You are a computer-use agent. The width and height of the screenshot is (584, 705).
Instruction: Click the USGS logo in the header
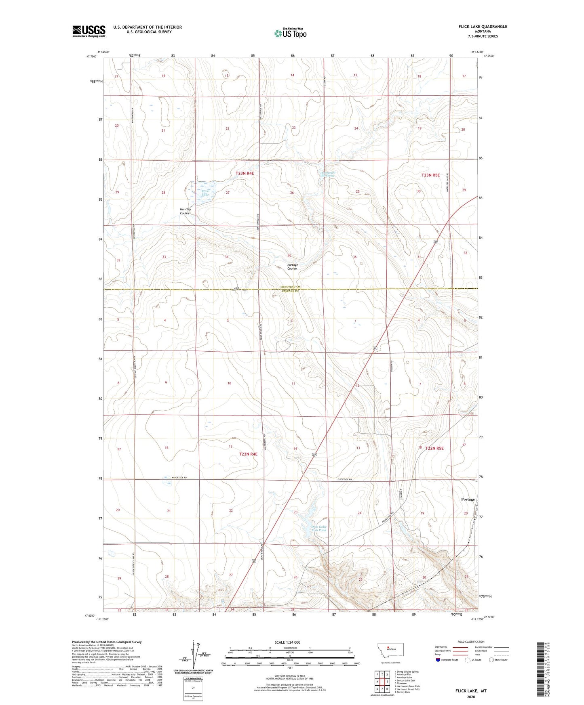[x=89, y=31]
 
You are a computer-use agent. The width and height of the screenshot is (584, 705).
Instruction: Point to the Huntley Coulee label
[x=185, y=211]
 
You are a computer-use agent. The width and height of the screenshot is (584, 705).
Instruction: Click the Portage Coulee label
[x=292, y=267]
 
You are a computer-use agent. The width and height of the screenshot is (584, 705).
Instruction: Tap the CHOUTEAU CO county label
[x=290, y=287]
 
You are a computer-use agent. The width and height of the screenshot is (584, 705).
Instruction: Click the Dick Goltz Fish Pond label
[x=319, y=529]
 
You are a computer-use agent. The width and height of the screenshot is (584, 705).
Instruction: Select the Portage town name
[x=468, y=499]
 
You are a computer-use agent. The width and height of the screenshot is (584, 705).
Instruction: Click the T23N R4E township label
[x=245, y=173]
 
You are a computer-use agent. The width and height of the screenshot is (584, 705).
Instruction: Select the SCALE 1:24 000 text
[x=287, y=642]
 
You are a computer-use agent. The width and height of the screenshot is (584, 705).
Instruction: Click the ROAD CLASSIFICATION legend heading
[x=471, y=642]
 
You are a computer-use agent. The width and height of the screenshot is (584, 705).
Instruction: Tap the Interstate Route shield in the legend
[x=438, y=660]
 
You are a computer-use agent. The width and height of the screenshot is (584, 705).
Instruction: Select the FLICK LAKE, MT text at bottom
[x=471, y=691]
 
